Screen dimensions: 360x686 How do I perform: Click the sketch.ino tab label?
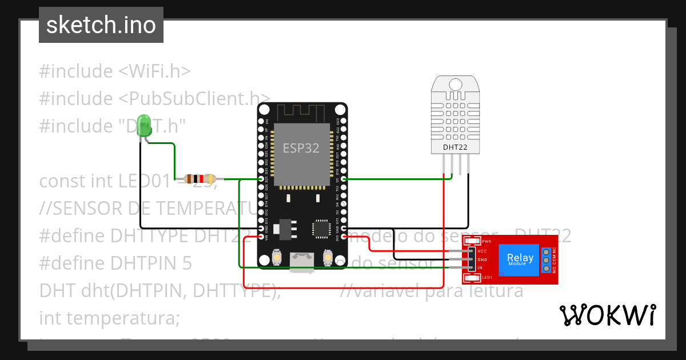[x=101, y=25]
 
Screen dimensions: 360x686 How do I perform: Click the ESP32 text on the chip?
[x=301, y=147]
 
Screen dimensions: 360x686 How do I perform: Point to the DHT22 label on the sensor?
[x=456, y=147]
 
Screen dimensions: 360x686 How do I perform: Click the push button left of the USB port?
[x=276, y=258]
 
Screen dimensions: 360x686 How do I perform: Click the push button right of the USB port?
[x=328, y=258]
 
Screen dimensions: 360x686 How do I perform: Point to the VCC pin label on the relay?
[x=481, y=251]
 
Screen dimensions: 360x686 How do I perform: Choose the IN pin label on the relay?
[x=480, y=267]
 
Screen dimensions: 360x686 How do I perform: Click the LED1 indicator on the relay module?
[x=473, y=278]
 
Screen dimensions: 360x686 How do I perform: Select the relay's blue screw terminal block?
[x=547, y=260]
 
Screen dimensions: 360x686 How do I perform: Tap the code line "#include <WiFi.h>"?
[x=114, y=71]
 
